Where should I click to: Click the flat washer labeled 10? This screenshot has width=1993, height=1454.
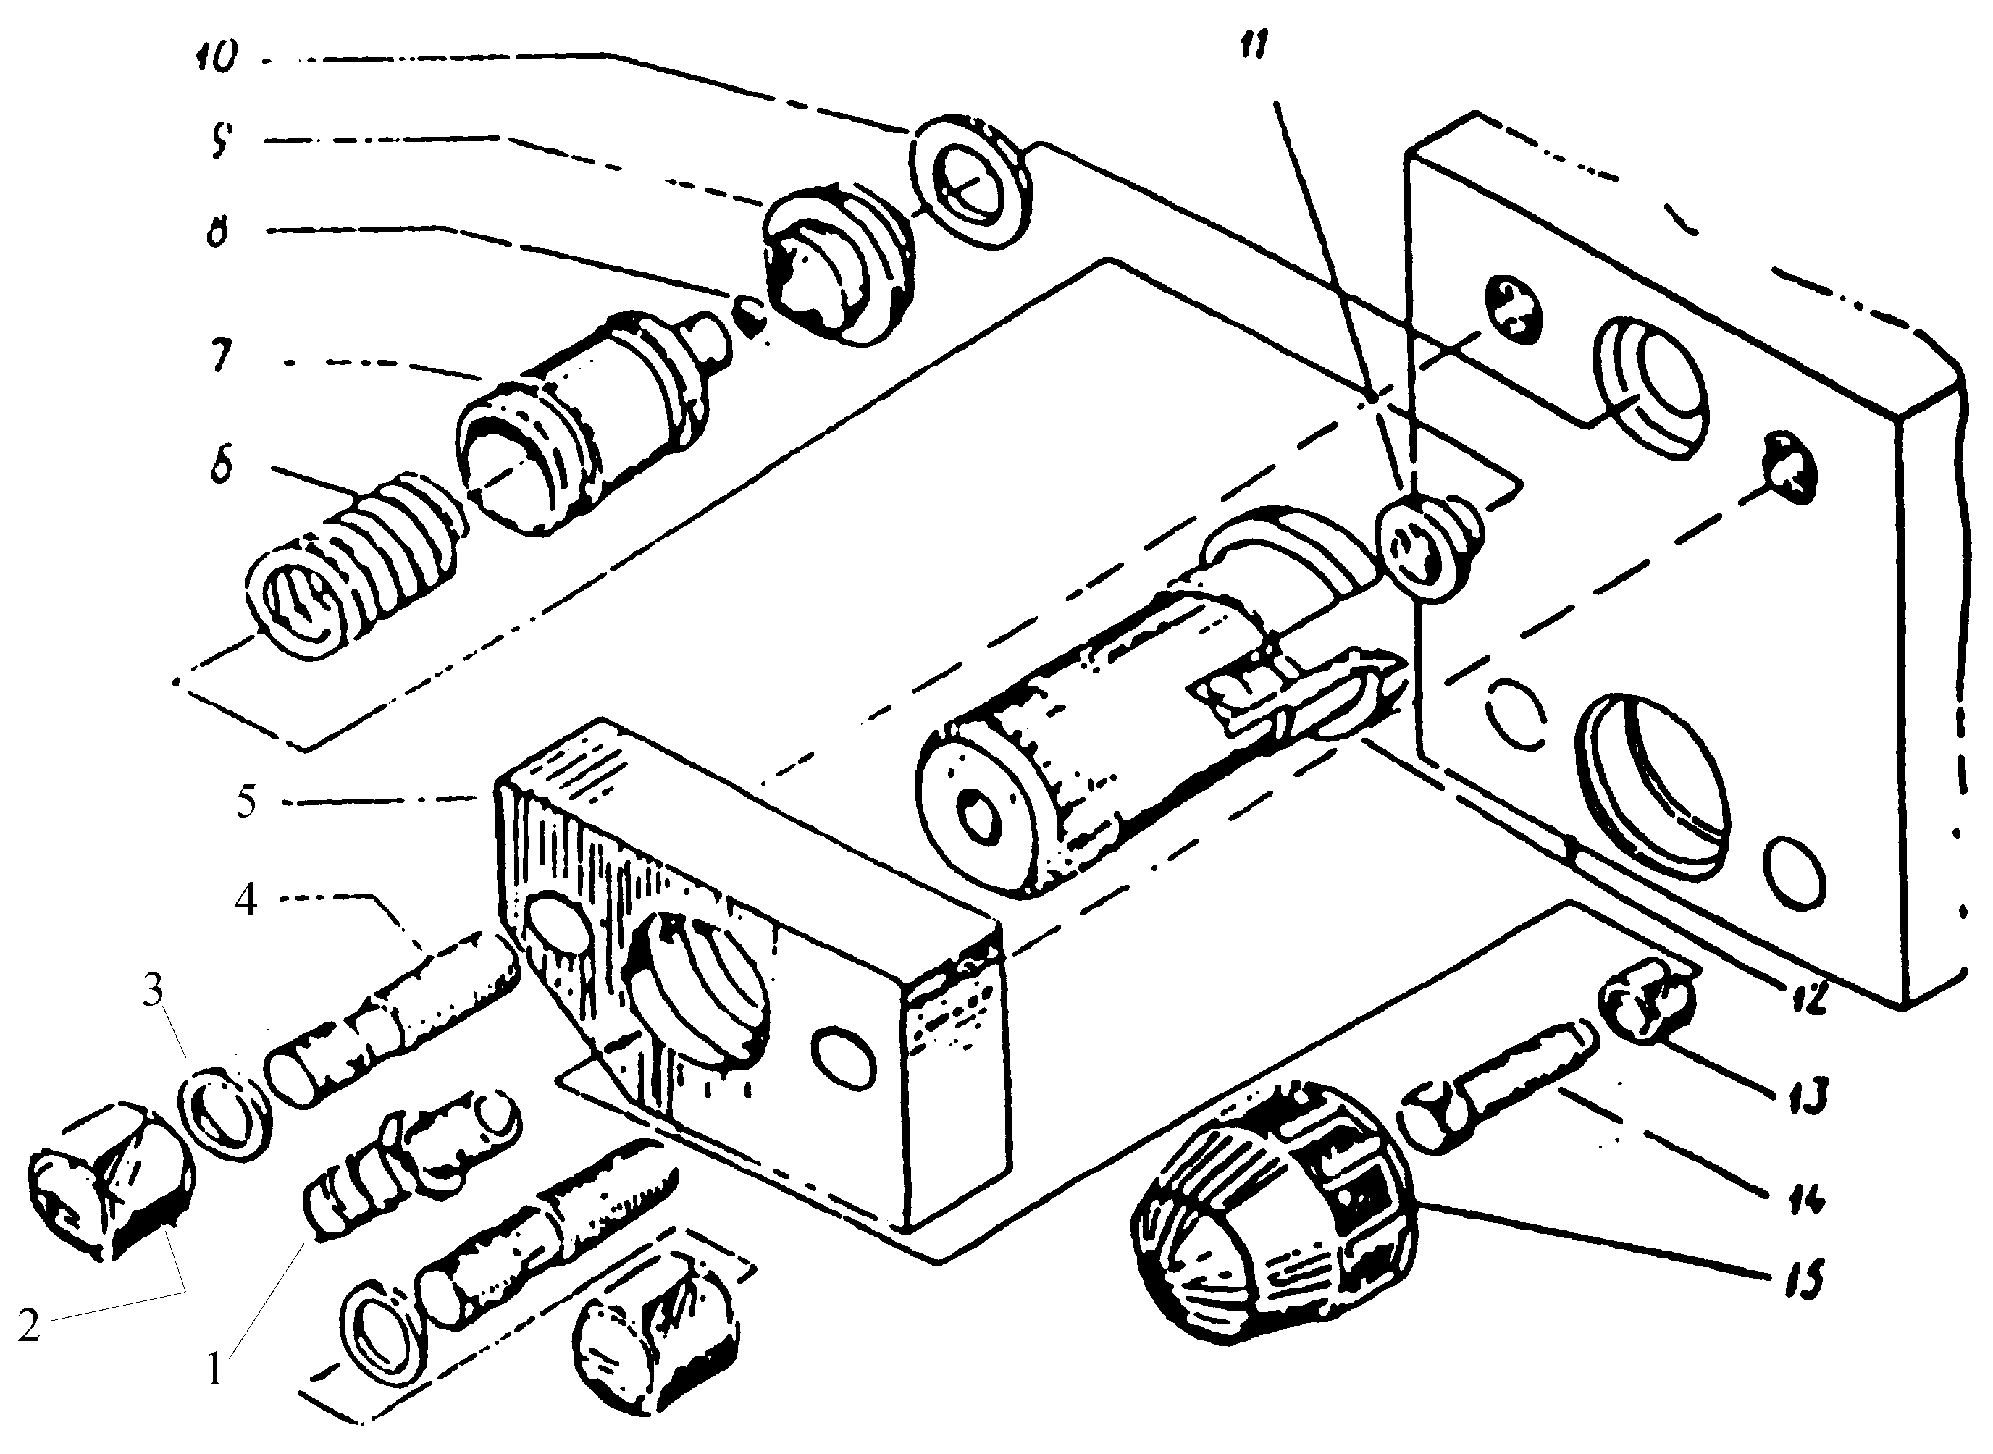(x=971, y=180)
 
